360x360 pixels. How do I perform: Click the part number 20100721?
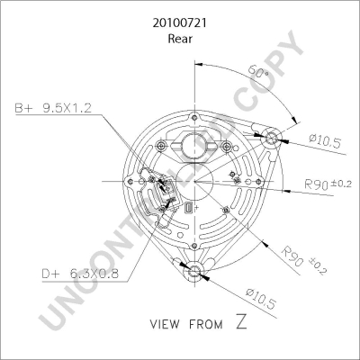pos(180,23)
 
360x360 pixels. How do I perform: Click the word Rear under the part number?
pos(180,39)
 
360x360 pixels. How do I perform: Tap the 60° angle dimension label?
pos(258,72)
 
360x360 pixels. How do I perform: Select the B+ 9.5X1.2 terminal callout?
pos(53,108)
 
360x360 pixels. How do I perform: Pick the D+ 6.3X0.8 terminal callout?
pos(80,274)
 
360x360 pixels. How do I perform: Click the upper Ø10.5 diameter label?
pos(325,140)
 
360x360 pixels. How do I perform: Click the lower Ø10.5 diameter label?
pos(260,299)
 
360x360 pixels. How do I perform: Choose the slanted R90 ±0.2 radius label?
pos(303,260)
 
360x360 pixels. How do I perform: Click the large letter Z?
pos(242,321)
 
